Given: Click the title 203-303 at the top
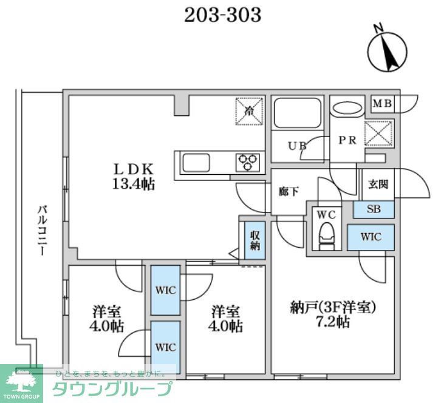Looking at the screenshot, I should point(223,15).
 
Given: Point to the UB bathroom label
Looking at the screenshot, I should point(296,146).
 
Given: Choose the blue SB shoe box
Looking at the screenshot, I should point(374,209).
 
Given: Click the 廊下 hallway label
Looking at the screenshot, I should point(289,192).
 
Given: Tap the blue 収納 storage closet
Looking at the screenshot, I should point(255,241).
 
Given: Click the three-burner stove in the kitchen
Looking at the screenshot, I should point(247,162).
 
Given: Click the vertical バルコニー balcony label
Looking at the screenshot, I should point(42,231).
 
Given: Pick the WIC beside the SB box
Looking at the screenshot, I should point(371,237).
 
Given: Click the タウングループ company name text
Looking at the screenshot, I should point(113,389).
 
